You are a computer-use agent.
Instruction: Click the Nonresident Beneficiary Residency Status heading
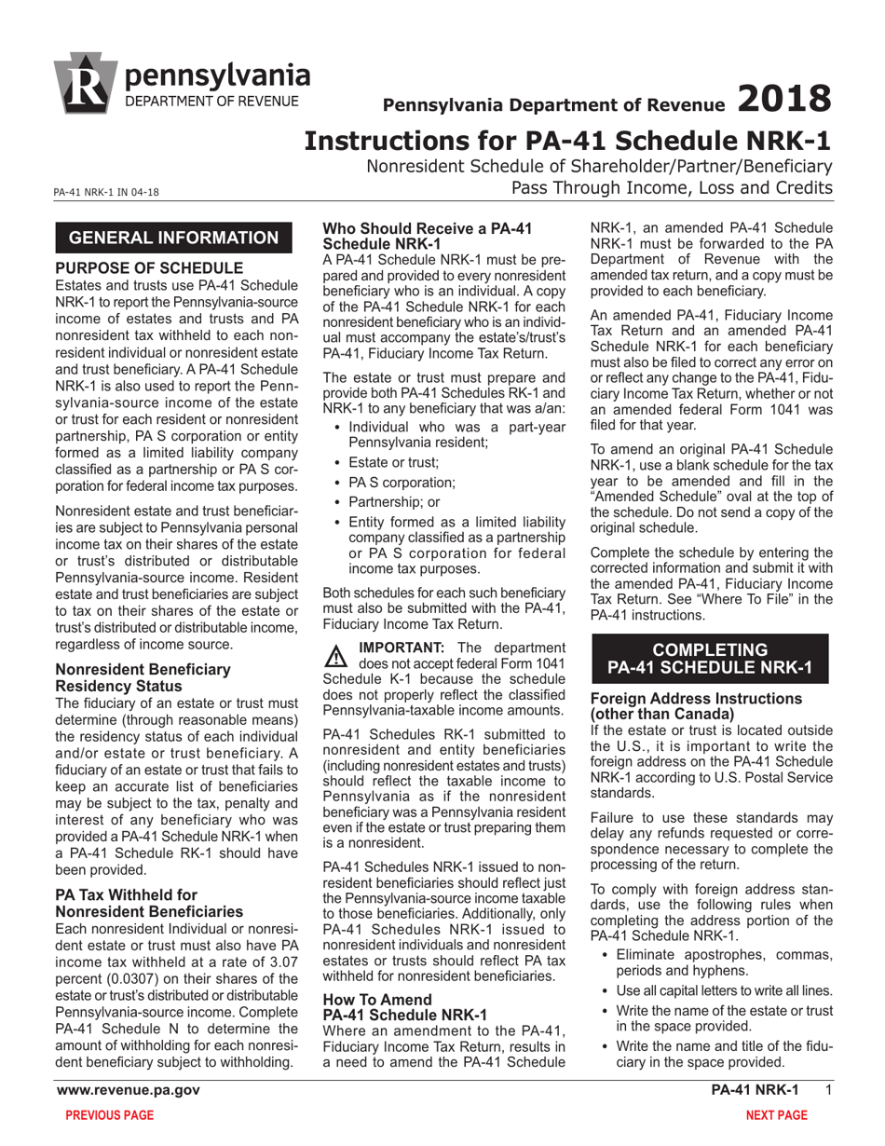coord(143,676)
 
